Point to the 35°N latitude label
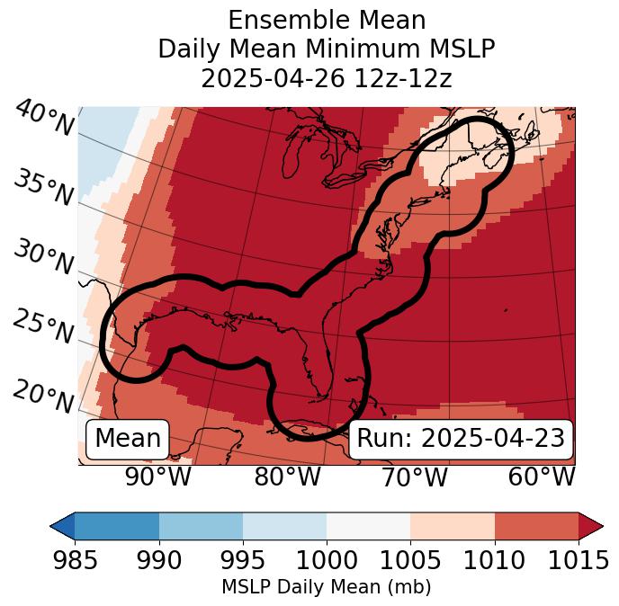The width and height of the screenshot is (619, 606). coord(43,188)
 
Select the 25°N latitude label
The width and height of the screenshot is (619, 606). coord(43,327)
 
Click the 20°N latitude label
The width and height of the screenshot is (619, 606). coord(43,397)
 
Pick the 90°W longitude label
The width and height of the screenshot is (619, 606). coord(157,477)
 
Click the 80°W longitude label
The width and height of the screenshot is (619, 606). coord(287,477)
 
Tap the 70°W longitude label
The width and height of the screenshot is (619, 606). coord(414,477)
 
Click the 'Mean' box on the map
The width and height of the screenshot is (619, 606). coord(128,439)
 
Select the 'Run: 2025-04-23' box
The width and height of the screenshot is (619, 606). coord(461,439)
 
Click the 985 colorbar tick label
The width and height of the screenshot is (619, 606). coord(75,560)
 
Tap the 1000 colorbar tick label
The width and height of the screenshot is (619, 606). coord(327,560)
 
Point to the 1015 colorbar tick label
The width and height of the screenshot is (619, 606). coord(579,560)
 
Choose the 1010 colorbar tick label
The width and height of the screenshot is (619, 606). coord(494,560)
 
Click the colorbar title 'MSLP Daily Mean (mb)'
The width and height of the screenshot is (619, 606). coord(326,587)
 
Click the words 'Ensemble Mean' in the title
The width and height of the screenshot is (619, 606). coord(326,20)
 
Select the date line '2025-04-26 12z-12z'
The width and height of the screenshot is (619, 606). coord(326,78)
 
